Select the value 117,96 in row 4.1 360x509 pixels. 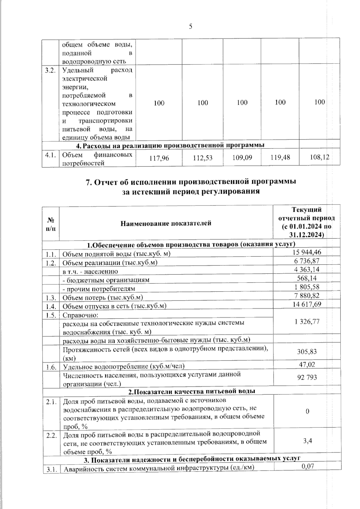159,157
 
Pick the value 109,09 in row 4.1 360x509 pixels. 242,157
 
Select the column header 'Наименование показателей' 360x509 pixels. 166,223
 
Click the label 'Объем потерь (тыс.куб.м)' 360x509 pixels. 103,297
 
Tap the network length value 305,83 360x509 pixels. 307,352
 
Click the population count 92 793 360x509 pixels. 307,377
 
